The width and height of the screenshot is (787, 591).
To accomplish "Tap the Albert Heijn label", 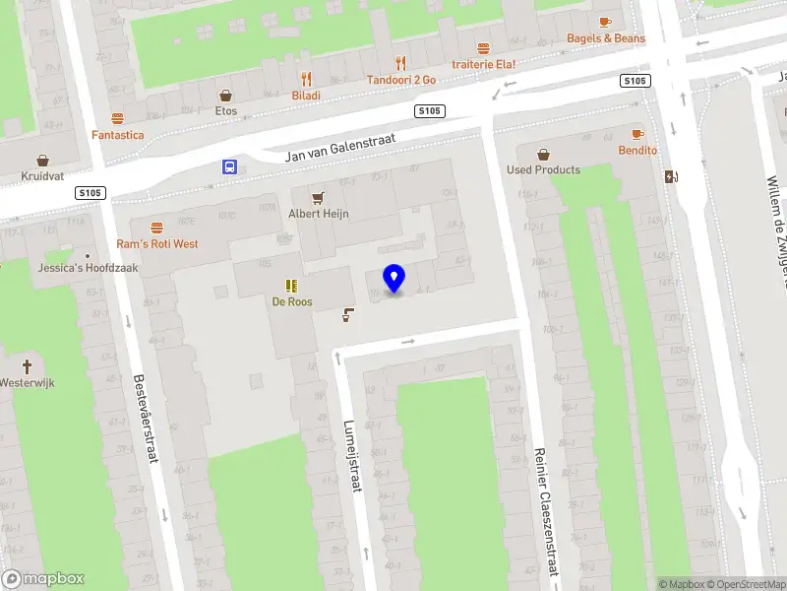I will (x=318, y=214).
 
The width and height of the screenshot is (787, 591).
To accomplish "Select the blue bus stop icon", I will (x=229, y=166).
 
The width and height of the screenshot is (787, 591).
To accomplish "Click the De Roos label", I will (x=292, y=301).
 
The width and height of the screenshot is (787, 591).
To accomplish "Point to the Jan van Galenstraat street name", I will (x=339, y=148).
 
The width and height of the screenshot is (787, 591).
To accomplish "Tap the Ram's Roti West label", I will (x=157, y=243).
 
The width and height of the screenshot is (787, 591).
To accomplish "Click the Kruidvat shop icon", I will (x=43, y=160).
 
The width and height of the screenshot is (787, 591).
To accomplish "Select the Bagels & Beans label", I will (x=606, y=38).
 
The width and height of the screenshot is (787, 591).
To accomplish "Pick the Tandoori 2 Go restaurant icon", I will (x=400, y=62).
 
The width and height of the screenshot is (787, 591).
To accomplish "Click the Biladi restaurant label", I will (x=306, y=96).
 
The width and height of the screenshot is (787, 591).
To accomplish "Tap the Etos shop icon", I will (x=226, y=95).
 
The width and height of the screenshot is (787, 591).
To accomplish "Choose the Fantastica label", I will (x=118, y=134).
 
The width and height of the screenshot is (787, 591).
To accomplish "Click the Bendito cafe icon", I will (x=637, y=133).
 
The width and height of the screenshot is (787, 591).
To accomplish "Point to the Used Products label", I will (x=543, y=169).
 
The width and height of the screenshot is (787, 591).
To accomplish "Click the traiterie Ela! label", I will (x=483, y=64).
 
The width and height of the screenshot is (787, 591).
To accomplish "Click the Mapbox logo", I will (x=43, y=579).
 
